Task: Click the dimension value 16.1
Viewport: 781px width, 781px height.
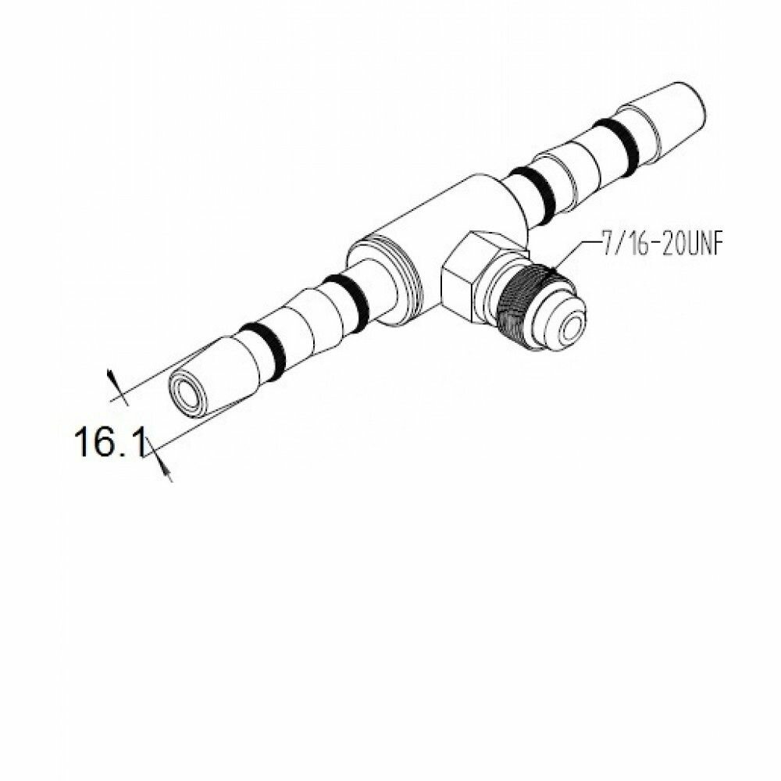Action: pos(109,444)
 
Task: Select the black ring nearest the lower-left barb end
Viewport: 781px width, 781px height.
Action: pos(262,347)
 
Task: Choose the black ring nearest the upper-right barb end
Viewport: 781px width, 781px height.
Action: pos(615,143)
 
